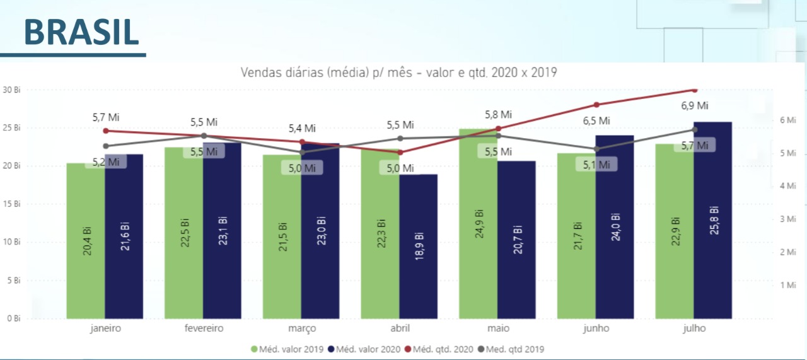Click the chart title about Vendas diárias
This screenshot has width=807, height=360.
[398, 72]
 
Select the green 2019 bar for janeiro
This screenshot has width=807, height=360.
[86, 252]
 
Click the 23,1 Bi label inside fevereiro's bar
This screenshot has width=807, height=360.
[223, 232]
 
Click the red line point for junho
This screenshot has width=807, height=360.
[596, 105]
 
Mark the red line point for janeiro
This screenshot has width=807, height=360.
[106, 131]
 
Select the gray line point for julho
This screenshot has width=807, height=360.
[695, 129]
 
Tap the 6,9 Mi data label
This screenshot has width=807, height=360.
[695, 106]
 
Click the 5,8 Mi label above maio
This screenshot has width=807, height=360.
[498, 115]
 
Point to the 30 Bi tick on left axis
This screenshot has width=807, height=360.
[11, 90]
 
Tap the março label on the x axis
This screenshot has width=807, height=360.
[301, 328]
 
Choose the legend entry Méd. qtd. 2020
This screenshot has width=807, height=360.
[442, 349]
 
